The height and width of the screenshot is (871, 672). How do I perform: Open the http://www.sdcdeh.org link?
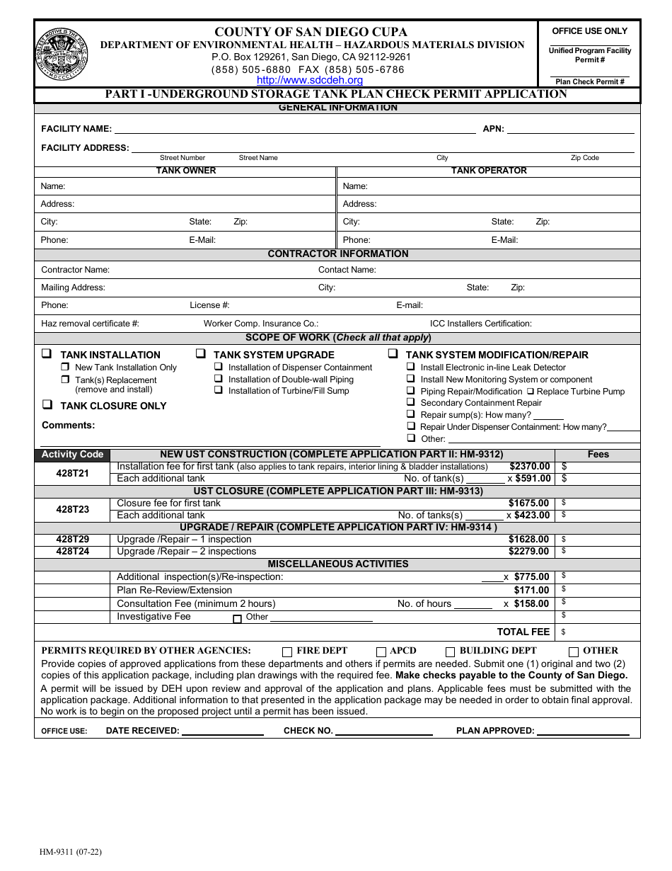tap(309, 80)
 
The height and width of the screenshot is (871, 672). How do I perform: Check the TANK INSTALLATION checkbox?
tap(47, 354)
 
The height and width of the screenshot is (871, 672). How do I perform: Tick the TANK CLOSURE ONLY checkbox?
tap(47, 405)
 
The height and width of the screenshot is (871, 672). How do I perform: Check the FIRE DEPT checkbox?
tap(287, 651)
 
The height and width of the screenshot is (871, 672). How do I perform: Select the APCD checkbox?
tap(381, 651)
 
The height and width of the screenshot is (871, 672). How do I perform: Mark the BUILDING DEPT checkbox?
tap(450, 651)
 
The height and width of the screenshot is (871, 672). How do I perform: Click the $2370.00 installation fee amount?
tap(529, 467)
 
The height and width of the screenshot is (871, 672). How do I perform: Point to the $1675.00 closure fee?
tap(528, 503)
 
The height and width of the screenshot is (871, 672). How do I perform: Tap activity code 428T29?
tap(72, 540)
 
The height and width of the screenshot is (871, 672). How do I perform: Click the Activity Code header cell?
tap(72, 455)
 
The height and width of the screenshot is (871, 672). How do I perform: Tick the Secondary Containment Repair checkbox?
tap(411, 402)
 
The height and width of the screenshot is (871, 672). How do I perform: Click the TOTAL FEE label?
tap(523, 632)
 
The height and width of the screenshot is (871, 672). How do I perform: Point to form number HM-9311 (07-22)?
tap(71, 853)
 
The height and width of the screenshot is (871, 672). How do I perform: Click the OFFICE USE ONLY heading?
tap(589, 31)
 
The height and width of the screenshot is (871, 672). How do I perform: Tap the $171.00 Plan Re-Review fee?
tap(531, 590)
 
